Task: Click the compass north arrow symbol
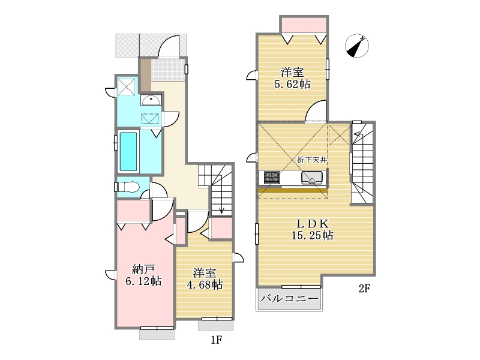[356, 46]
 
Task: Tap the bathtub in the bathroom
[128, 151]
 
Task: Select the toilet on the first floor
[128, 187]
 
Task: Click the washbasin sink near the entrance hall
[151, 100]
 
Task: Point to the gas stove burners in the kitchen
[272, 178]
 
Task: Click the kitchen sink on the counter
[311, 178]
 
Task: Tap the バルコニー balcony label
[289, 298]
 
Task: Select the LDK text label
[311, 223]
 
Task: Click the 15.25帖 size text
[312, 235]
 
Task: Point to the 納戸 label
[143, 269]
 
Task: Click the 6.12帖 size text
[143, 281]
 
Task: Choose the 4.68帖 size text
[205, 284]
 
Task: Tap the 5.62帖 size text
[292, 84]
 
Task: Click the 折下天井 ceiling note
[312, 160]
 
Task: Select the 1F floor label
[216, 340]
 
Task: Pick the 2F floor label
[365, 288]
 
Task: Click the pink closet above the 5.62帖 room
[304, 25]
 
